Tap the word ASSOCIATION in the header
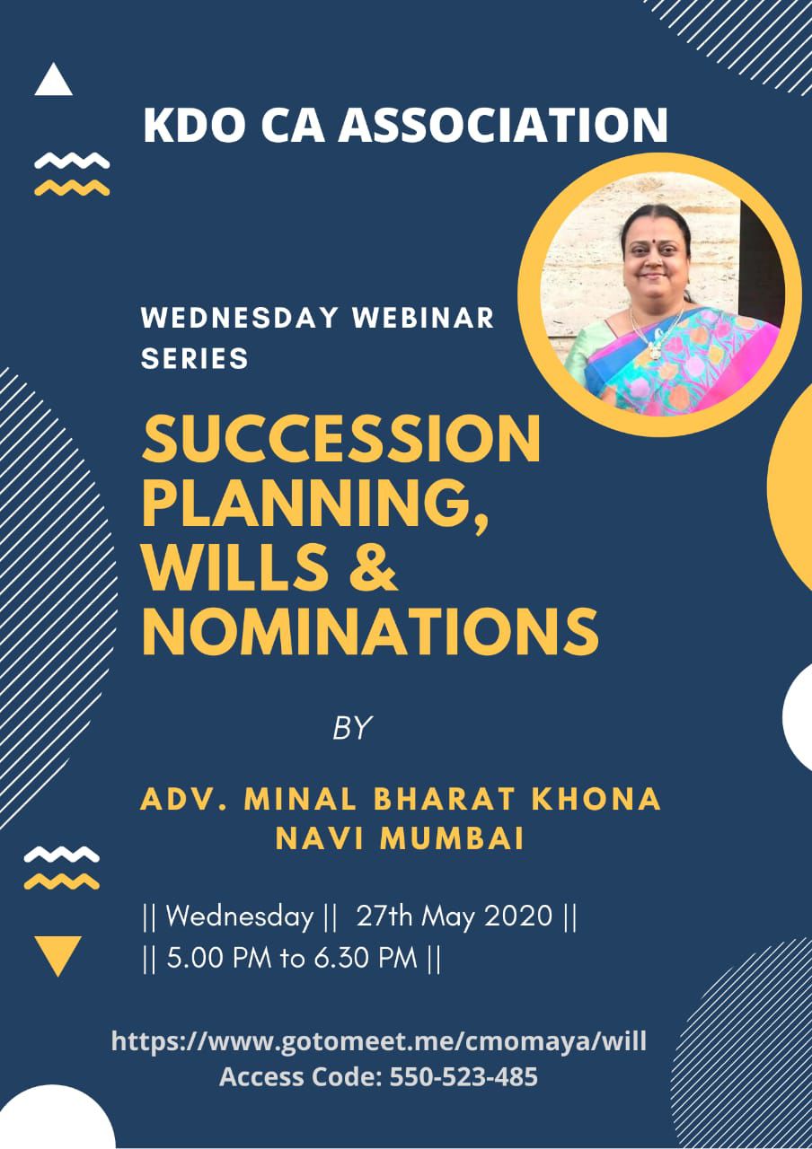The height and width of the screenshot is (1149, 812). click(502, 125)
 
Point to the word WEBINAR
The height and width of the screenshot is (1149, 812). click(422, 318)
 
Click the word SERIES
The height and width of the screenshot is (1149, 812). click(195, 358)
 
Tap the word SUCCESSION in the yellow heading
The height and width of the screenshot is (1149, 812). click(340, 440)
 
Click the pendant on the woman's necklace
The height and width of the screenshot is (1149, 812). click(653, 350)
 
